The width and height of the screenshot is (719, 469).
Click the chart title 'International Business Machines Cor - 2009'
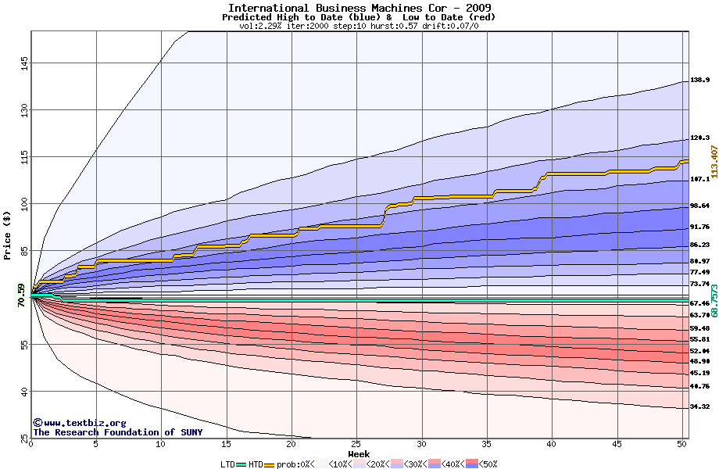pyautogui.click(x=359, y=8)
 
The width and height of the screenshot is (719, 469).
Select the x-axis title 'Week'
pyautogui.click(x=359, y=454)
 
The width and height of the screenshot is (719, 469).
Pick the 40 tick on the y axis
pyautogui.click(x=24, y=391)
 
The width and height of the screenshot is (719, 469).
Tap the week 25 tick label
pyautogui.click(x=356, y=444)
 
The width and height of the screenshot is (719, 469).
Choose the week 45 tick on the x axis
pyautogui.click(x=617, y=444)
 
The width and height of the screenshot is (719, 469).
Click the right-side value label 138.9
pyautogui.click(x=699, y=81)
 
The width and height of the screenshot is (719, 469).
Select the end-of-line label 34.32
pyautogui.click(x=699, y=407)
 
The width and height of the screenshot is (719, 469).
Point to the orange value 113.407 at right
pyautogui.click(x=714, y=161)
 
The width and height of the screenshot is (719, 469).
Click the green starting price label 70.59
pyautogui.click(x=22, y=295)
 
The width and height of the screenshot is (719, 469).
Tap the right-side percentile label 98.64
pyautogui.click(x=699, y=206)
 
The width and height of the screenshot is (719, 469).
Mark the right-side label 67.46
pyautogui.click(x=699, y=303)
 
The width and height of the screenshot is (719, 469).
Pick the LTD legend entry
pyautogui.click(x=227, y=464)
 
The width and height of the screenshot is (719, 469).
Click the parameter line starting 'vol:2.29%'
pyautogui.click(x=359, y=26)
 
